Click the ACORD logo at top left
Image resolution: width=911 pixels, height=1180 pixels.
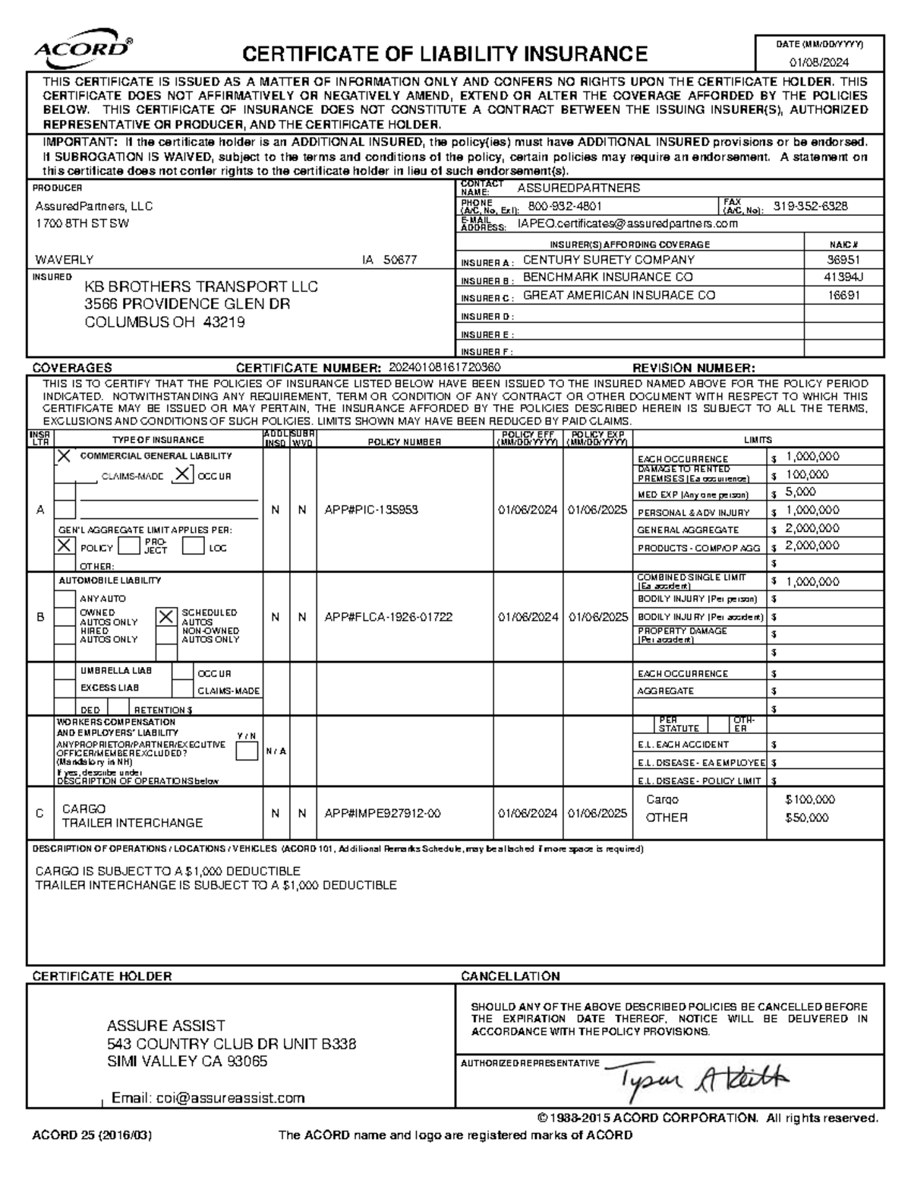click(82, 49)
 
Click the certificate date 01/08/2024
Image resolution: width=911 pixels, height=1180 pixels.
click(819, 62)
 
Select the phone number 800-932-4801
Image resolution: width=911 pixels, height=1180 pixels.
click(565, 207)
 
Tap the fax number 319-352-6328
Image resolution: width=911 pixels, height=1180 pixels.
click(810, 207)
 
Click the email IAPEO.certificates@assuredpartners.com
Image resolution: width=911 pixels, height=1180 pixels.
click(627, 224)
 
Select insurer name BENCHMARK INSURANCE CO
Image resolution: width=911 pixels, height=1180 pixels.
click(607, 278)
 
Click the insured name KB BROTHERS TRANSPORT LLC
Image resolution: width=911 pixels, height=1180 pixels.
click(200, 287)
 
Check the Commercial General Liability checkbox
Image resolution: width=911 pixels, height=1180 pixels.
click(65, 456)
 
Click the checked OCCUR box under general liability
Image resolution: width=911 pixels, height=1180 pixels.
click(182, 475)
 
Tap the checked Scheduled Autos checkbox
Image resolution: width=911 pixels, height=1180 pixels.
click(165, 617)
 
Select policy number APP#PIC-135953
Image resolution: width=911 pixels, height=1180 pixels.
click(370, 511)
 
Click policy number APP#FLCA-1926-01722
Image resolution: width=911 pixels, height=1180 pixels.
click(388, 618)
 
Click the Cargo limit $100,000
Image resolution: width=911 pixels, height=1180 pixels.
click(810, 800)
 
